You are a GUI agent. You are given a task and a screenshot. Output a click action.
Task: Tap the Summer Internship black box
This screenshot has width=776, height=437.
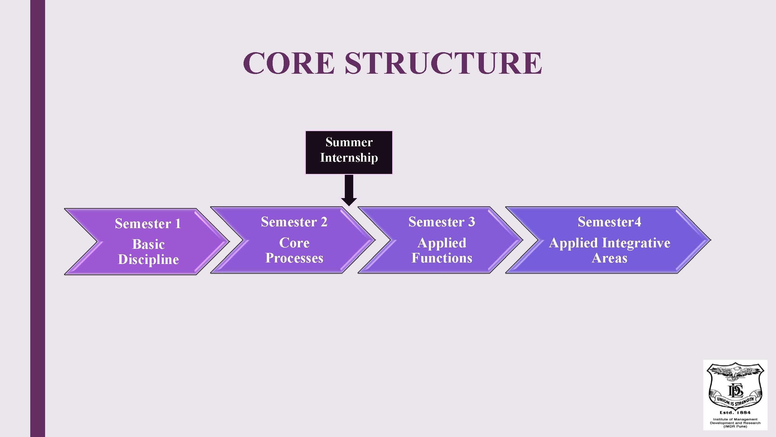point(349,152)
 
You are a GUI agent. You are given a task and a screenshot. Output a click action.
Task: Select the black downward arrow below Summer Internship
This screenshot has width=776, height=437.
point(349,190)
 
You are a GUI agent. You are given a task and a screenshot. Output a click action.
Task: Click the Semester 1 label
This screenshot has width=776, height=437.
point(148,223)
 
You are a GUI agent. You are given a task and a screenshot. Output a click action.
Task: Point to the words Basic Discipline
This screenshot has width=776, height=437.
point(148,252)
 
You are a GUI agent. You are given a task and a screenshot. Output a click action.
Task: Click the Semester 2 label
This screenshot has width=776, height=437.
point(294,222)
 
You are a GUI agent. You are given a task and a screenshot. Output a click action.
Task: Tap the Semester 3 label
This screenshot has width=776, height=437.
point(442,222)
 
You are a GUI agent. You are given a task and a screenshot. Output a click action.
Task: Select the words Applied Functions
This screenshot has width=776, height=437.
point(442,250)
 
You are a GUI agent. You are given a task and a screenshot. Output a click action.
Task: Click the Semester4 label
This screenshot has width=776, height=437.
point(609,222)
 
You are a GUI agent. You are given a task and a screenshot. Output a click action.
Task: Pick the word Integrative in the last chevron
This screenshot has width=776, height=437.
point(636,243)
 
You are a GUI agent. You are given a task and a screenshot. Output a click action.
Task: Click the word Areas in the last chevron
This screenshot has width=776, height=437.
point(609,258)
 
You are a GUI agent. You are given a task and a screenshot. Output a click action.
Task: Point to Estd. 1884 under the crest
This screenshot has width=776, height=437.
point(735,412)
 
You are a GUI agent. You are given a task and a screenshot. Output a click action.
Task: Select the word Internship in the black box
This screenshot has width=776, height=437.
point(349,158)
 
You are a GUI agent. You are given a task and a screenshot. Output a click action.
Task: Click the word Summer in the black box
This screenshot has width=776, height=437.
point(349,142)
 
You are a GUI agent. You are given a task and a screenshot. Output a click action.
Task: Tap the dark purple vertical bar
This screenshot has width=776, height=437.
point(38,218)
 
